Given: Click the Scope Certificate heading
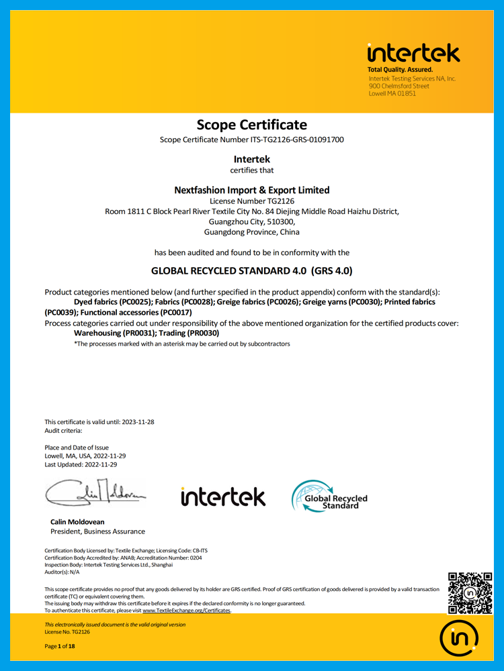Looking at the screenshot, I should coord(251,125).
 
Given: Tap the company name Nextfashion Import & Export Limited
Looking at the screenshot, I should coord(251,190).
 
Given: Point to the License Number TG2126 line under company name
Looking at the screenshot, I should coord(251,201).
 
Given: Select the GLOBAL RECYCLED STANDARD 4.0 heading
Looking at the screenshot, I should coord(251,272).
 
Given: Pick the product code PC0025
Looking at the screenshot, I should coord(136,303).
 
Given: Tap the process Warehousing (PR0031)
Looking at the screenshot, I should coord(113,333).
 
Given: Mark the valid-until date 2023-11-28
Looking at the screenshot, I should coord(138,422).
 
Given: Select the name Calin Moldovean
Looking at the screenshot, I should coord(77,521).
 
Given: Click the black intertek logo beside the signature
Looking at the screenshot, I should coord(223,497).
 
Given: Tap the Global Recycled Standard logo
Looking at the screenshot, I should coord(329,497).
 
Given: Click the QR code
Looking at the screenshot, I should coord(470,593).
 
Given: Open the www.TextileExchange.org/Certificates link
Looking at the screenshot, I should coord(186,611).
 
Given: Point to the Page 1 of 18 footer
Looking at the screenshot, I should coord(60,646).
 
